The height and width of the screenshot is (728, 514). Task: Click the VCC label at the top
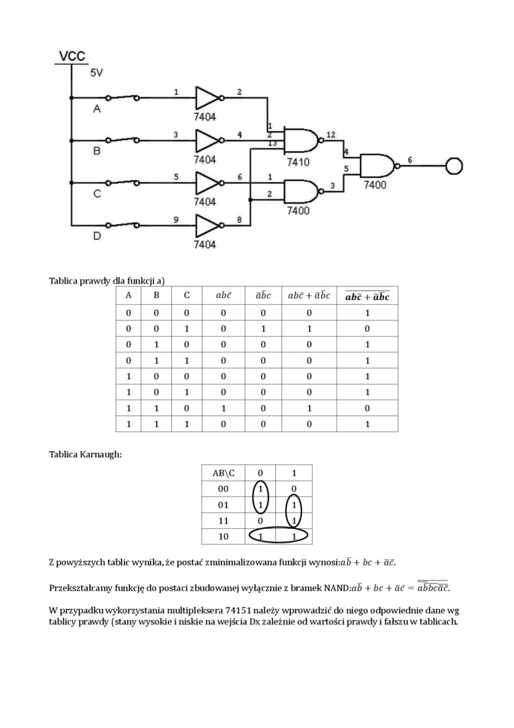click(71, 56)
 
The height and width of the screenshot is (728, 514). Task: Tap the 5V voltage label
click(97, 72)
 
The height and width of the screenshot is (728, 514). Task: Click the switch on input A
click(125, 98)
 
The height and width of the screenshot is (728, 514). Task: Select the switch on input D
click(125, 224)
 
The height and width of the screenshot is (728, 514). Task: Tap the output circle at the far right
click(454, 166)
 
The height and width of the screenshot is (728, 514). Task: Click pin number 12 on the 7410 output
click(330, 135)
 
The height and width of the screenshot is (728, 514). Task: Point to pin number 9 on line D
click(176, 219)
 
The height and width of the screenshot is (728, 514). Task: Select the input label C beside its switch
click(97, 194)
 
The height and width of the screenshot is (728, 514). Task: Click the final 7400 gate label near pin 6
click(376, 184)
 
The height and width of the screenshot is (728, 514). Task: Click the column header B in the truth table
click(157, 295)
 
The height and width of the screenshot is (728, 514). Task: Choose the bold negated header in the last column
click(367, 296)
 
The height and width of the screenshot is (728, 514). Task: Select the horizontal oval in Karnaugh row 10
click(277, 536)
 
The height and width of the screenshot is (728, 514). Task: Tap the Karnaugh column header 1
click(292, 473)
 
